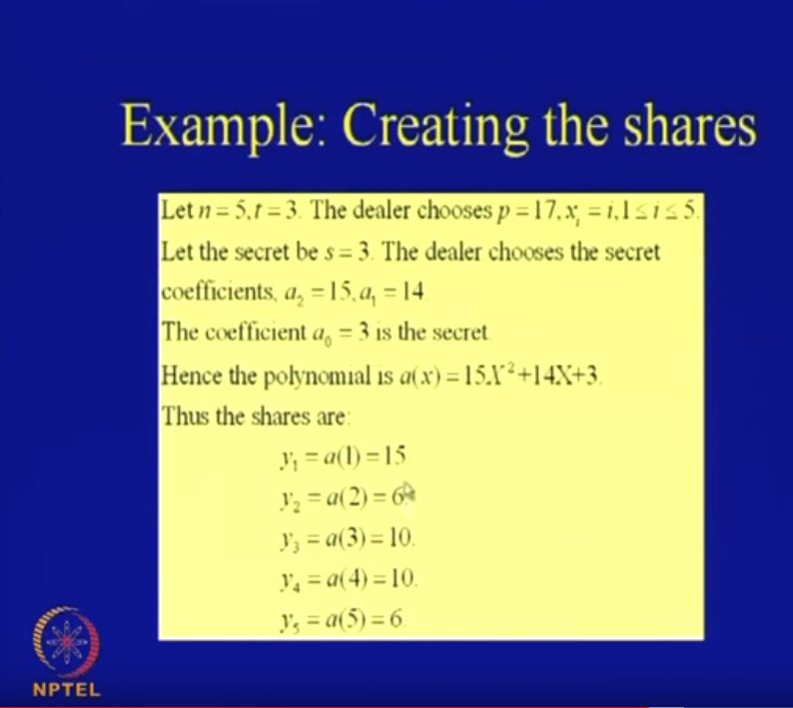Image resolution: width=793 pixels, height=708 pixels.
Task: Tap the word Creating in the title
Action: (x=430, y=127)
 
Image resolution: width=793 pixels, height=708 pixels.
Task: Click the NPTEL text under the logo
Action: (x=66, y=690)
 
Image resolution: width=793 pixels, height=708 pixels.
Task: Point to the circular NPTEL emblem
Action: (x=67, y=640)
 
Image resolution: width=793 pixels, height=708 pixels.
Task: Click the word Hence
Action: (x=188, y=375)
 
